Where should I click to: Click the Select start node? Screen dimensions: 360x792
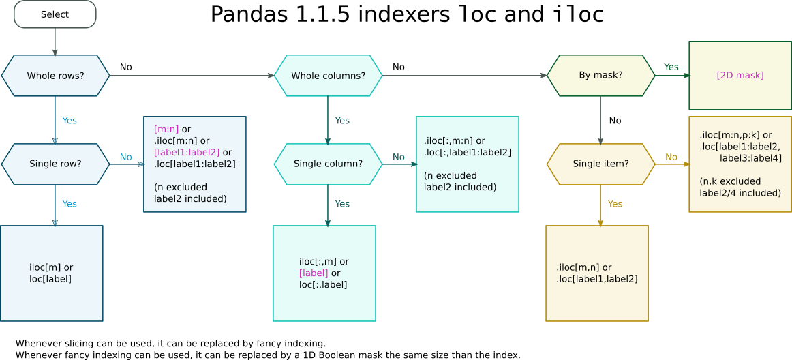(55, 14)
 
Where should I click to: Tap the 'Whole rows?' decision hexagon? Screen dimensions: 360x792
(55, 76)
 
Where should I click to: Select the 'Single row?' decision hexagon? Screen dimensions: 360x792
(55, 164)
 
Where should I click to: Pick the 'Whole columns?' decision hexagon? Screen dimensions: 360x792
(328, 76)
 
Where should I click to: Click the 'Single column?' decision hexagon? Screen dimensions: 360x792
(328, 164)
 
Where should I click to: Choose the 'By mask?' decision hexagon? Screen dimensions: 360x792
(600, 75)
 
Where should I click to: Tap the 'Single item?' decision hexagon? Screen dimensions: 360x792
(600, 164)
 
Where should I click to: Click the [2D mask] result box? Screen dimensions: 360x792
(740, 75)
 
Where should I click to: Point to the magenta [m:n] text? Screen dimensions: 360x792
(166, 129)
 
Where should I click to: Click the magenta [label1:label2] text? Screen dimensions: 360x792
(187, 152)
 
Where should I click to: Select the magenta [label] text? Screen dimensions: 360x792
(314, 273)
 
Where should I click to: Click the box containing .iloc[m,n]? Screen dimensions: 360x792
(596, 273)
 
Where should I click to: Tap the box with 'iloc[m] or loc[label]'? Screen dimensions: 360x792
(51, 273)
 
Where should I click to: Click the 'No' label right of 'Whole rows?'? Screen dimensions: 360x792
(126, 67)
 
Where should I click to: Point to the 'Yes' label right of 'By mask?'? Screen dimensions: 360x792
(671, 67)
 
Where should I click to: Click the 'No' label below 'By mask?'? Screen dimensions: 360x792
(615, 121)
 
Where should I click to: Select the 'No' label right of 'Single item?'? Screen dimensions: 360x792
(671, 157)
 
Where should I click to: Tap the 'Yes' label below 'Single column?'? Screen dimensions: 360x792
(342, 204)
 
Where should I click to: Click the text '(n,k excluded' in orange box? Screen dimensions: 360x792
(730, 181)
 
